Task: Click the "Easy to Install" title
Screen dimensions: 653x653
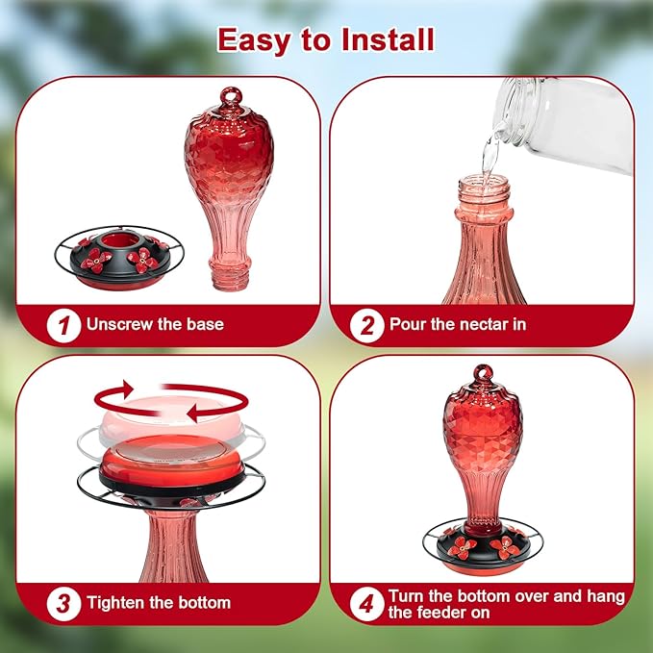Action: coord(325,39)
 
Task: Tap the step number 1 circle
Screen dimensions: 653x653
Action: coord(63,325)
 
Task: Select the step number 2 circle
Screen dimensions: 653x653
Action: coord(366,325)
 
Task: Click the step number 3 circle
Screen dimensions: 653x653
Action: coord(63,604)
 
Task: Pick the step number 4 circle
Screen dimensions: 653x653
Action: coord(366,604)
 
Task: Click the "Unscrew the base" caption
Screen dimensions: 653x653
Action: coord(155,325)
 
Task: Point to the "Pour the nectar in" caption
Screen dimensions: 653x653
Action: coord(458,325)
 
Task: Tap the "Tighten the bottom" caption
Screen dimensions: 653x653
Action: coord(159,604)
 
